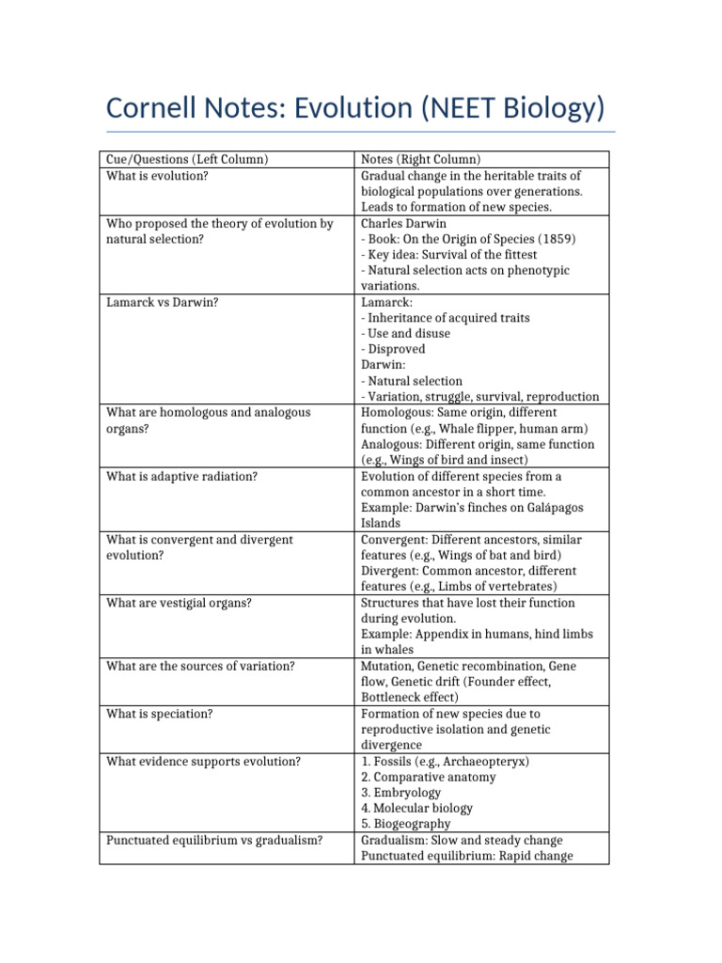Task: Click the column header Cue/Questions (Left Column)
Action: tap(187, 160)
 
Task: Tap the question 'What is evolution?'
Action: tap(156, 176)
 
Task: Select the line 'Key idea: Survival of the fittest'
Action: tap(453, 255)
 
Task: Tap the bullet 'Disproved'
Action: tap(396, 350)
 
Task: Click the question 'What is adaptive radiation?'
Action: tap(181, 477)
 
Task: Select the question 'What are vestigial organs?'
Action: tap(179, 603)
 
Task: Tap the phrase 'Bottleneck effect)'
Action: tap(410, 698)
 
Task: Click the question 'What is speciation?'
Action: tap(160, 714)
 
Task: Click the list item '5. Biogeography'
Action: tap(405, 824)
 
